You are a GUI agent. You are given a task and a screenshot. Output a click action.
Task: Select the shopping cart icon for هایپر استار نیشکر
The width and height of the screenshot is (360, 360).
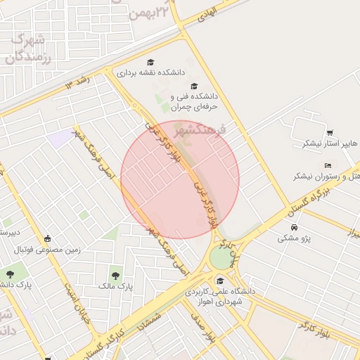coord(329,133)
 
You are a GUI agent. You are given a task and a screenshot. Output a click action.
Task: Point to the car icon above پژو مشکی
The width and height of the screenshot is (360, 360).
coord(294,228)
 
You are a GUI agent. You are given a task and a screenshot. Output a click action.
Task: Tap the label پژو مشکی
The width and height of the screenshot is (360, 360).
coord(293,238)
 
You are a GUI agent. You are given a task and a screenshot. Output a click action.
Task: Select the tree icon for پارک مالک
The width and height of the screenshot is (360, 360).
coord(115,275)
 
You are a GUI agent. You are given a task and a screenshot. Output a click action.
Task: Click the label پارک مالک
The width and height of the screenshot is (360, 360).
coord(115,286)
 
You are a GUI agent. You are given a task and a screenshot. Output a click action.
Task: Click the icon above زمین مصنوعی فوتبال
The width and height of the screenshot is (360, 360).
coord(47,238)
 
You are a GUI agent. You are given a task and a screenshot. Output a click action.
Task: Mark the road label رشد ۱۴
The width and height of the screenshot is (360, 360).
coord(78,84)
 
